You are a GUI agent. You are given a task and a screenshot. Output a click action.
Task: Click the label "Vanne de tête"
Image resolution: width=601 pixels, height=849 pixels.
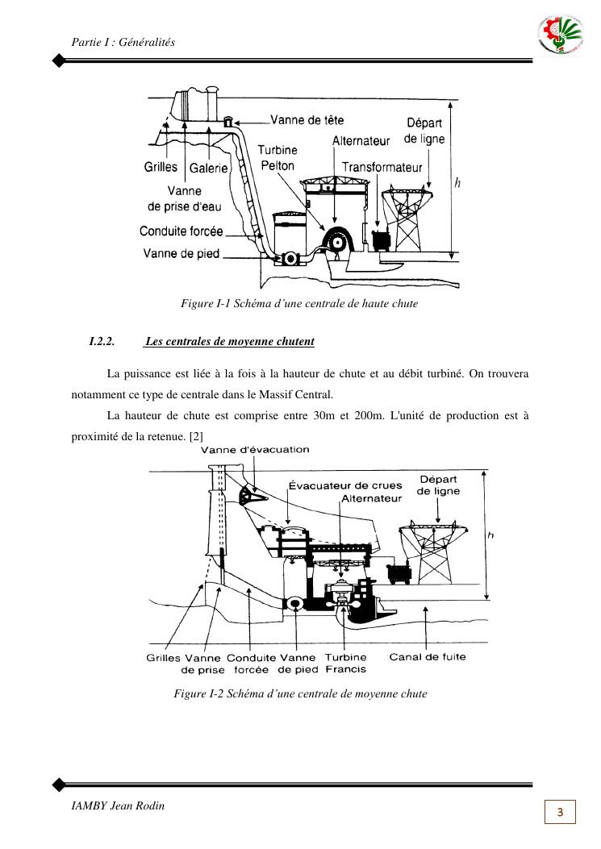(307, 120)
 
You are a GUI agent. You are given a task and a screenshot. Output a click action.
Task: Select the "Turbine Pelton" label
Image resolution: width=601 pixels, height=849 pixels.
(278, 157)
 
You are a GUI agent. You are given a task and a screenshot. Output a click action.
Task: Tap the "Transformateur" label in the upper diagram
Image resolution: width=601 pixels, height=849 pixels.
(382, 168)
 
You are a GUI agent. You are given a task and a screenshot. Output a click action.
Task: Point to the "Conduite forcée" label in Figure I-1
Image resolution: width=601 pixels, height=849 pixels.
(182, 231)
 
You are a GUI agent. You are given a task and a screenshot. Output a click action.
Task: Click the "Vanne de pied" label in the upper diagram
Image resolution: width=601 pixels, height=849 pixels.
(182, 254)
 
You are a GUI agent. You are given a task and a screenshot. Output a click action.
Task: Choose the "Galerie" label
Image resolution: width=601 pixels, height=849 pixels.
(209, 169)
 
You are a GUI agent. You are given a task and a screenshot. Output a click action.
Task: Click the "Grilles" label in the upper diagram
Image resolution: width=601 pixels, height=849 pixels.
(161, 168)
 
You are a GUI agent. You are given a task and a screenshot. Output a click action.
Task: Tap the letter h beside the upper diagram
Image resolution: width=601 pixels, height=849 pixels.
(457, 183)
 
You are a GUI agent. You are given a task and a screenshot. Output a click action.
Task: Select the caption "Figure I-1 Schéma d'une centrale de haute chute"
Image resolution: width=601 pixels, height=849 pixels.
(299, 304)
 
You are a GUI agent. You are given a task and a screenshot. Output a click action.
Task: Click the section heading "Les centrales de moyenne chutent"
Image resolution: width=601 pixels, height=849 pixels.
(230, 342)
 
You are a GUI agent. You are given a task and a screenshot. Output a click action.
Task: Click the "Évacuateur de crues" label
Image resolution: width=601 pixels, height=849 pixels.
(345, 485)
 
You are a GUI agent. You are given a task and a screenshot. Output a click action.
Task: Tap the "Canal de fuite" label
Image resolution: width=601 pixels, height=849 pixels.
(428, 656)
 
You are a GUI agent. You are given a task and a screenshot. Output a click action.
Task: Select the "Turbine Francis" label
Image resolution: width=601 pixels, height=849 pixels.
(346, 663)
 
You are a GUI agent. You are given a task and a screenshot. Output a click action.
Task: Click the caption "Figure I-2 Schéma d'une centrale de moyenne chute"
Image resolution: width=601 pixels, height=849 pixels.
(300, 693)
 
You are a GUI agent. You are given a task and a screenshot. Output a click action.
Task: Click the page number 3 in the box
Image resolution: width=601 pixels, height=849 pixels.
(561, 810)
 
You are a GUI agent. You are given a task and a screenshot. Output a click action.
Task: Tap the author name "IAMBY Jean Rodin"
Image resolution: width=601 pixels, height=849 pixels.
(118, 805)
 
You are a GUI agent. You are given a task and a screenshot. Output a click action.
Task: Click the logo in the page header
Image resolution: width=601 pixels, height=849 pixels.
(559, 36)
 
